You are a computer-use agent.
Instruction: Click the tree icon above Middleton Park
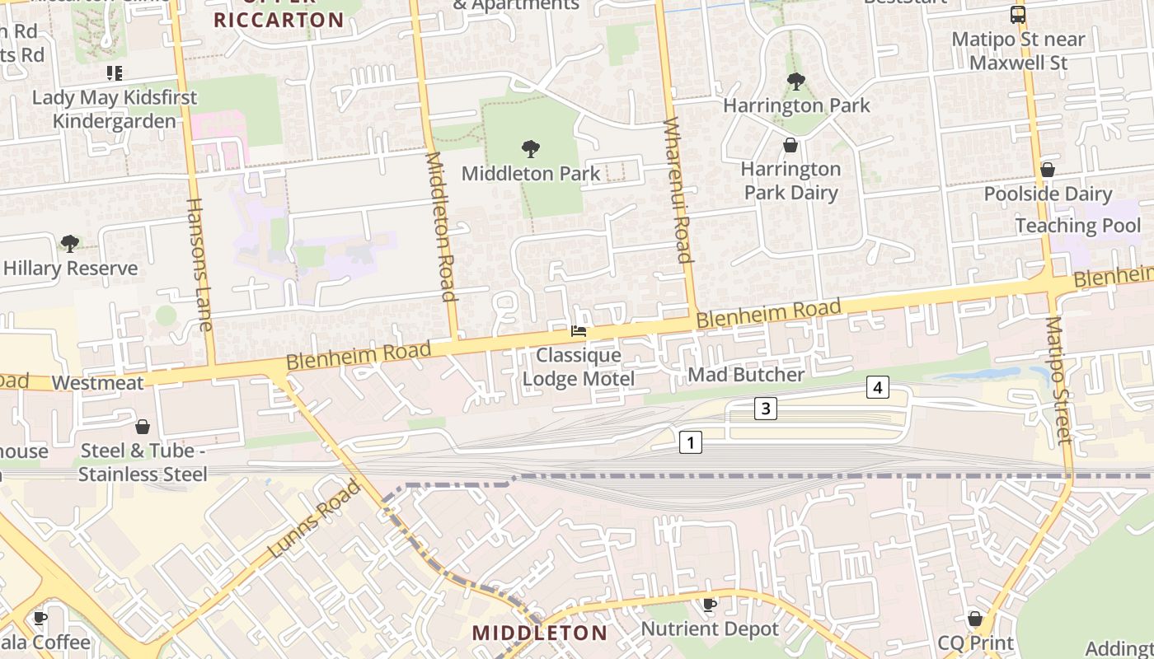(x=531, y=149)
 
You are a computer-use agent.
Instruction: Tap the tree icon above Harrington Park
(x=796, y=82)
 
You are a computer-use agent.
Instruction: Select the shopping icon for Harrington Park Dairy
(x=790, y=146)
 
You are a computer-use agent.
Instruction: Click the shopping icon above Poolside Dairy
(x=1047, y=171)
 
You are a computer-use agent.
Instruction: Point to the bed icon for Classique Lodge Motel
(x=579, y=331)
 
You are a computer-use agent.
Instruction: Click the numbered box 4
(x=878, y=387)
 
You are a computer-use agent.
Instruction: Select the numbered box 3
(x=766, y=408)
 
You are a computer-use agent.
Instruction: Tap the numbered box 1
(x=690, y=442)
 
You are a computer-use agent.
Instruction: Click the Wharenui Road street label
(x=676, y=190)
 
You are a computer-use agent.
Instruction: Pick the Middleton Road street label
(x=440, y=227)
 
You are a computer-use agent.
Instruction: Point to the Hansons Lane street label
(x=199, y=264)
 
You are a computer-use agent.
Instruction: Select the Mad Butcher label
(x=746, y=375)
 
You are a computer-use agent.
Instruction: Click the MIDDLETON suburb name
(x=539, y=633)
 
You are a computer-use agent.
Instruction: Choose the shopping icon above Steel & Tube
(x=143, y=427)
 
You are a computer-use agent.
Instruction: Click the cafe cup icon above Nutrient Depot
(x=709, y=605)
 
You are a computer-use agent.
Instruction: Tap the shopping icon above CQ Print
(x=974, y=619)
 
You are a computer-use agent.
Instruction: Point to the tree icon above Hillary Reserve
(x=70, y=244)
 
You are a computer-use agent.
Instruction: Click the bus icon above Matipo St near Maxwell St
(x=1018, y=15)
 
